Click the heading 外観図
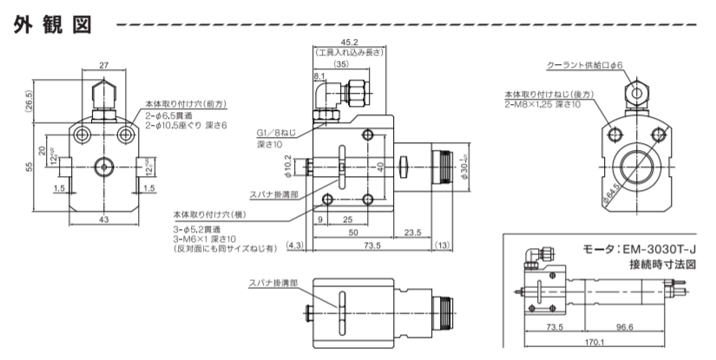click(x=53, y=25)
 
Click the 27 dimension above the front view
click(x=103, y=64)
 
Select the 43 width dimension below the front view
click(x=103, y=220)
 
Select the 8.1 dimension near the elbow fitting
click(x=319, y=76)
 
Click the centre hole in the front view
click(x=103, y=163)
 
